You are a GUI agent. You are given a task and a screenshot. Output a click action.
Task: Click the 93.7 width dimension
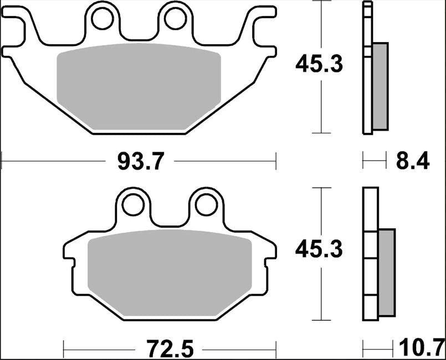pyautogui.click(x=140, y=162)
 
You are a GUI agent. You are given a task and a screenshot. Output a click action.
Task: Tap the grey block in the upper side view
pyautogui.click(x=380, y=86)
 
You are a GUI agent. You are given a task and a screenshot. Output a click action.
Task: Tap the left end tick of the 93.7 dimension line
pyautogui.click(x=2, y=162)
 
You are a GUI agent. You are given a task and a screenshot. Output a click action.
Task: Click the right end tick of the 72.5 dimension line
pyautogui.click(x=275, y=349)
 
